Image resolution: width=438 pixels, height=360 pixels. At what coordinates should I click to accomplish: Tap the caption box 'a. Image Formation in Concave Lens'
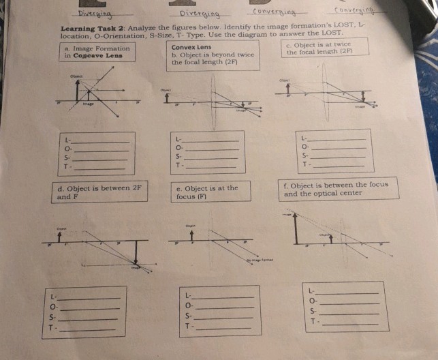coord(95,52)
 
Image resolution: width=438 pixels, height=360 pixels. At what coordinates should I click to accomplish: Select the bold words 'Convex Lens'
coord(191,47)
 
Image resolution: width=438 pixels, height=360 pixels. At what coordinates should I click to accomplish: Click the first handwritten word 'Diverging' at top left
coord(95,14)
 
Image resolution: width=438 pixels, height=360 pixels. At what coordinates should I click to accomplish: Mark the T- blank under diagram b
coord(213,166)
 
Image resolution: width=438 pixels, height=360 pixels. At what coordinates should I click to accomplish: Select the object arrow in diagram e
coord(192,237)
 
